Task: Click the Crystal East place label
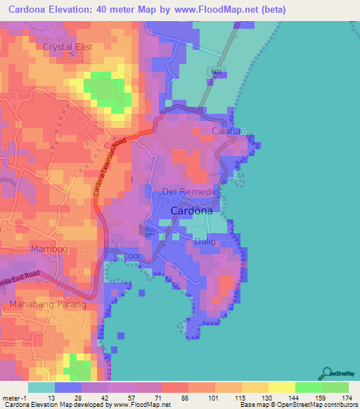coord(68,47)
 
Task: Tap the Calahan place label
coord(229,131)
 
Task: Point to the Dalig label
coord(205,241)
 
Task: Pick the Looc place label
coord(134,257)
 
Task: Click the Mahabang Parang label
coord(47,304)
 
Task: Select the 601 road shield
coord(216,73)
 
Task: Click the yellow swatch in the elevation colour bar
coord(281,387)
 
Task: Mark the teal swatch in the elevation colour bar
coord(41,387)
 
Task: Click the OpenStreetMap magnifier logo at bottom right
coord(326,372)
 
